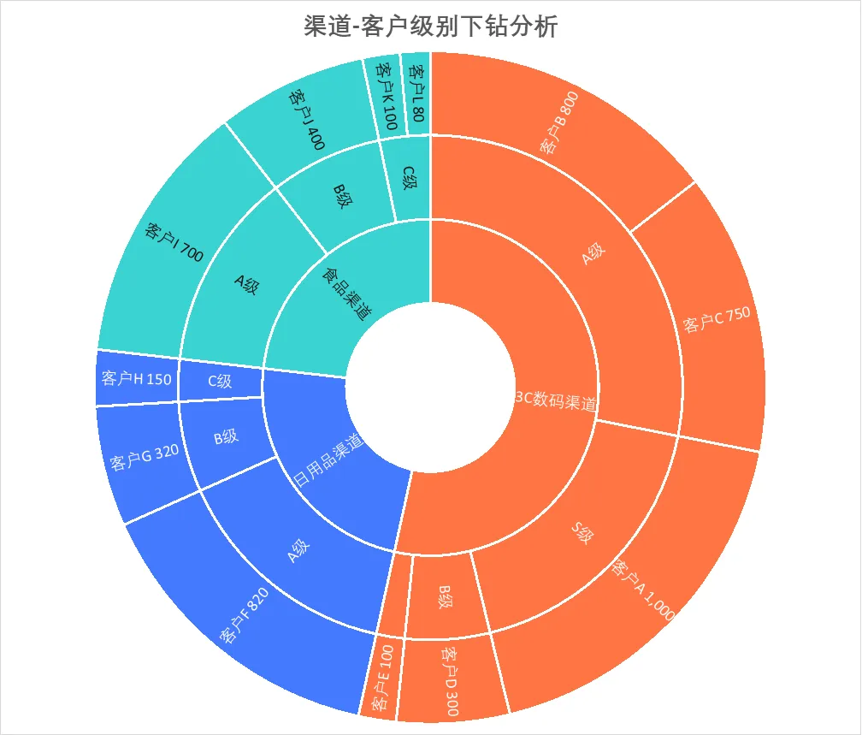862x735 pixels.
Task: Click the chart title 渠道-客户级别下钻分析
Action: pyautogui.click(x=431, y=27)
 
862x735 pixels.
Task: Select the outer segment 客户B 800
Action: pyautogui.click(x=560, y=124)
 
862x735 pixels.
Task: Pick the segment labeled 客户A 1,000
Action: pyautogui.click(x=644, y=590)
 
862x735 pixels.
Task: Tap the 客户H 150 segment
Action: pyautogui.click(x=136, y=377)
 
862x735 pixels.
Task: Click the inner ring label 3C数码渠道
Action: pyautogui.click(x=556, y=400)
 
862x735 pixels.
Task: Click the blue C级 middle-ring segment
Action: pyautogui.click(x=220, y=382)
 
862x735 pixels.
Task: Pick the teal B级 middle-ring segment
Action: pyautogui.click(x=342, y=197)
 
